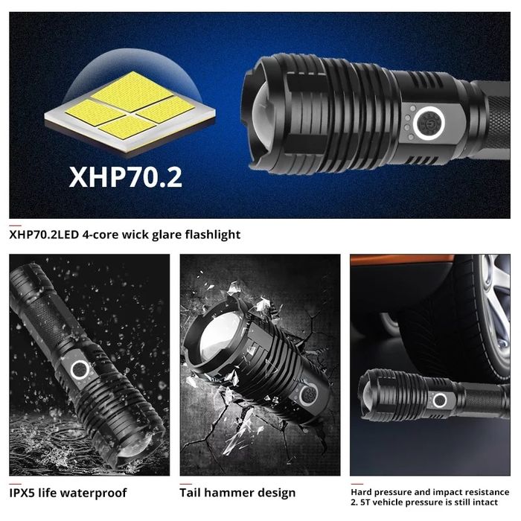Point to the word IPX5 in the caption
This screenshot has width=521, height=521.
point(22,493)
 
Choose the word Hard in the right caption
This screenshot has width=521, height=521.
point(362,492)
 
